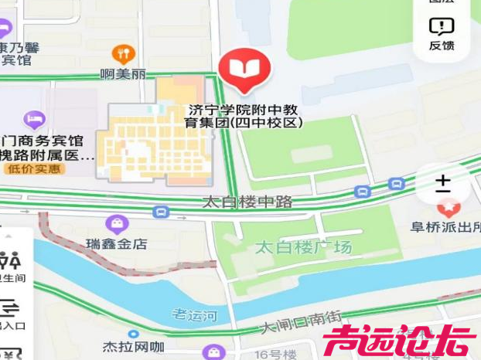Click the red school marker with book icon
tap(244, 69)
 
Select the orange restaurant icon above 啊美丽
tap(123, 53)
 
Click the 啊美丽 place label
tap(123, 75)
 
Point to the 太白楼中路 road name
tap(247, 202)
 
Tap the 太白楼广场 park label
tap(303, 247)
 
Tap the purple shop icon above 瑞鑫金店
tap(117, 224)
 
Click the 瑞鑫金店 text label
tap(117, 243)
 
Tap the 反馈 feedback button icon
tap(442, 28)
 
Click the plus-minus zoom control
tap(442, 184)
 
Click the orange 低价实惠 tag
tap(32, 168)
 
